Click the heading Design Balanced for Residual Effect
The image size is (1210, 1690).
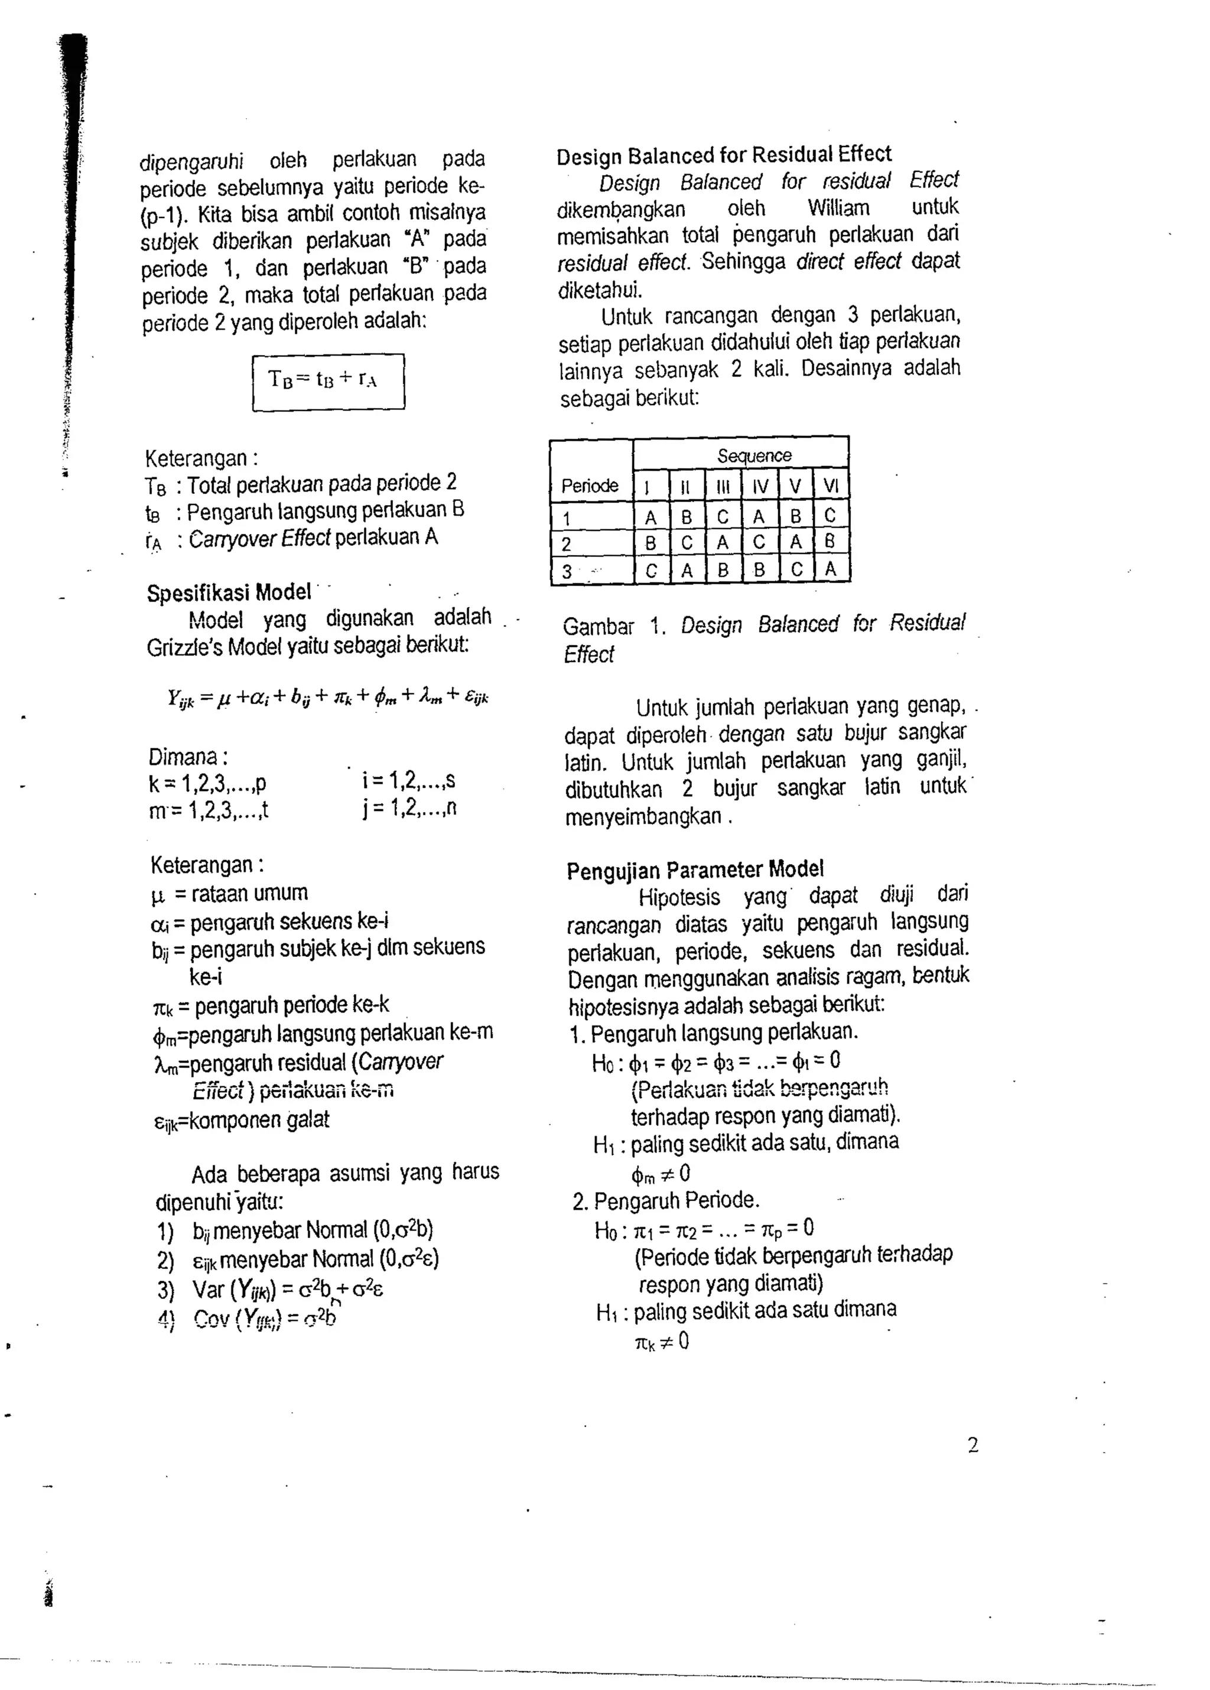coord(724,155)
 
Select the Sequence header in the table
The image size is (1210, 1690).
coord(754,455)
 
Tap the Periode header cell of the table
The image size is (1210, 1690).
coord(590,486)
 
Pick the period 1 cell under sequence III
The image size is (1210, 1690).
coord(722,516)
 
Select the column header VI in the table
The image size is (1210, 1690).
coord(830,486)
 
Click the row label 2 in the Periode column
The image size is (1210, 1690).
coord(566,543)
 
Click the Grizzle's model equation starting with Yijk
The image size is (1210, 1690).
coord(328,697)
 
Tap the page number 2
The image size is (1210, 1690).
coord(972,1445)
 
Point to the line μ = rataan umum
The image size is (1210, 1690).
coord(229,893)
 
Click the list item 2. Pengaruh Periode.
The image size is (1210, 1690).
coord(666,1201)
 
